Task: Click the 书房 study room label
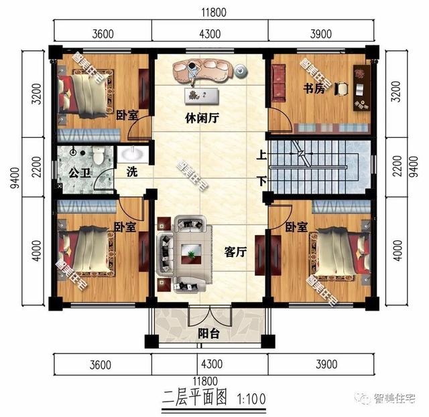pos(314,89)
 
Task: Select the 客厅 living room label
pos(235,252)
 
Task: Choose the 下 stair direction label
pos(261,181)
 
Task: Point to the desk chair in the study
pos(343,88)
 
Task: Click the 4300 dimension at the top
pos(210,31)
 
